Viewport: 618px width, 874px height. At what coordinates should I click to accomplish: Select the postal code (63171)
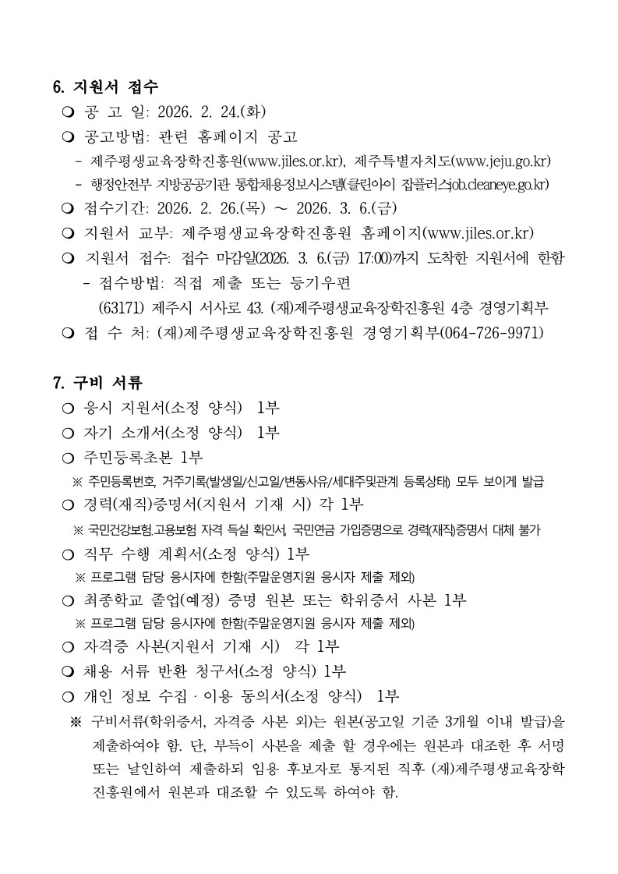coord(122,307)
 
